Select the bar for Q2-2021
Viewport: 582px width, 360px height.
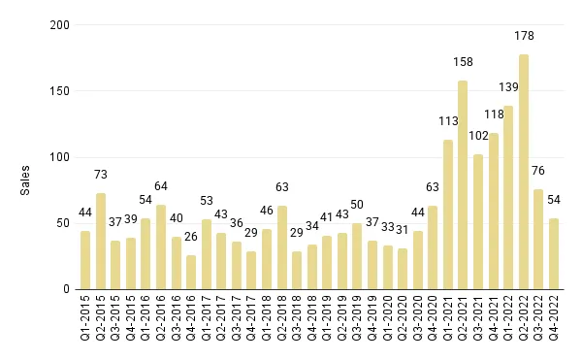coord(463,184)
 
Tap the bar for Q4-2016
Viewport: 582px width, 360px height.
coord(191,272)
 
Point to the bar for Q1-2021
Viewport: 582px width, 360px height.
coord(448,214)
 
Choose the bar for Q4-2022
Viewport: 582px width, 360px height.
coord(554,253)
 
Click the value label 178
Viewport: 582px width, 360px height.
coord(524,36)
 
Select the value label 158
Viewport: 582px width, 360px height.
coord(463,62)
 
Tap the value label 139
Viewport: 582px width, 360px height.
coord(508,87)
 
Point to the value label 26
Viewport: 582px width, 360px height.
coord(191,237)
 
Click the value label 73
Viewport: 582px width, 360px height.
coord(100,175)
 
